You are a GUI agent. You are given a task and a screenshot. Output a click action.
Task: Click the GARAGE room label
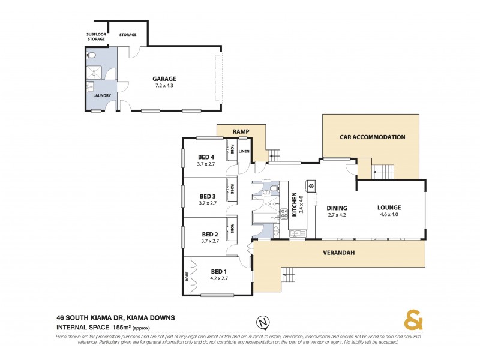tap(164, 78)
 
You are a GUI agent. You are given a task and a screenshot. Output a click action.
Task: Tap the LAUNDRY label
tap(101, 95)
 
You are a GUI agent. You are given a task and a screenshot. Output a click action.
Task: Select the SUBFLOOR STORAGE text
tap(96, 37)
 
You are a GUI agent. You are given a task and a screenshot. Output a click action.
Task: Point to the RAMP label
tap(241, 131)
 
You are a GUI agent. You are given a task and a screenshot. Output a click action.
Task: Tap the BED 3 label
tap(208, 196)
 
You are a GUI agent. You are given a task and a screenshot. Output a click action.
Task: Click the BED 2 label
tap(209, 234)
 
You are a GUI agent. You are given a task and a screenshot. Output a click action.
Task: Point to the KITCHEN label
tap(294, 203)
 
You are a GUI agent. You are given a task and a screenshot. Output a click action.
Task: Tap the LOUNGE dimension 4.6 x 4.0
tap(389, 214)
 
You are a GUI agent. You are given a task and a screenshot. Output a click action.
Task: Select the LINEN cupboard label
tap(244, 151)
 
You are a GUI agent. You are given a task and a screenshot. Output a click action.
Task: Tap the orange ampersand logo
tap(412, 320)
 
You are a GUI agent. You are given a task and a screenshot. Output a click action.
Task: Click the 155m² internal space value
tap(121, 328)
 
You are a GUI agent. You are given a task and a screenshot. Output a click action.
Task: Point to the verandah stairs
tap(289, 274)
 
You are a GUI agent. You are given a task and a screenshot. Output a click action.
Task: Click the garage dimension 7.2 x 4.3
tap(164, 85)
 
